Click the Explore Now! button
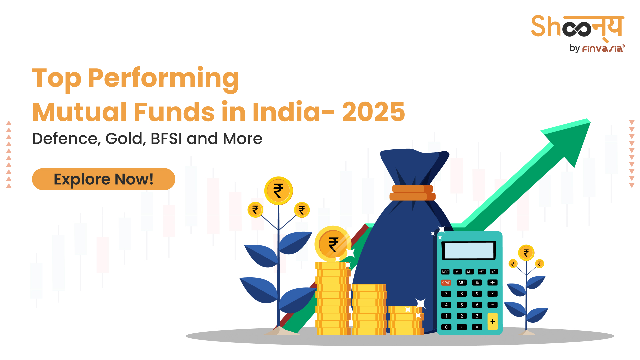pyautogui.click(x=104, y=179)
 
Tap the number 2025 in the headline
pyautogui.click(x=373, y=112)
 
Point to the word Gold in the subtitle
pyautogui.click(x=125, y=139)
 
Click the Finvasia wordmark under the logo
pyautogui.click(x=603, y=49)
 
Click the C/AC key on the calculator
pyautogui.click(x=446, y=283)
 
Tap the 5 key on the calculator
pyautogui.click(x=462, y=305)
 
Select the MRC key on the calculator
pyautogui.click(x=445, y=272)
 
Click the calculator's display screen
pyautogui.click(x=469, y=251)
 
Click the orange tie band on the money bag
pyautogui.click(x=412, y=193)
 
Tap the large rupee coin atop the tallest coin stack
pyautogui.click(x=333, y=244)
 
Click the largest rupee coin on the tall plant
pyautogui.click(x=278, y=191)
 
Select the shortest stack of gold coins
pyautogui.click(x=406, y=321)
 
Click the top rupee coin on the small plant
pyautogui.click(x=526, y=253)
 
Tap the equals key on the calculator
pyautogui.click(x=477, y=327)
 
